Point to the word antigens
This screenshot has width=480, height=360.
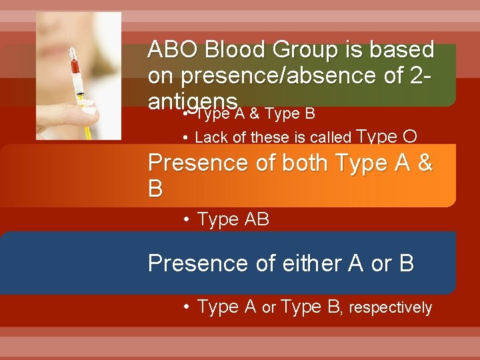pyautogui.click(x=193, y=102)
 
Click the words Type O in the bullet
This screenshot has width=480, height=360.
pyautogui.click(x=388, y=137)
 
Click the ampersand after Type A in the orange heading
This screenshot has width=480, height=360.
pyautogui.click(x=424, y=163)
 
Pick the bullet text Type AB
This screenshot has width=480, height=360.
pyautogui.click(x=233, y=220)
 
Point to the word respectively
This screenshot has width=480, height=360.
pyautogui.click(x=391, y=307)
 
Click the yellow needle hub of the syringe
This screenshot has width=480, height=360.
pyautogui.click(x=81, y=101)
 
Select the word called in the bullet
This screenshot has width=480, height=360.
pyautogui.click(x=332, y=138)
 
